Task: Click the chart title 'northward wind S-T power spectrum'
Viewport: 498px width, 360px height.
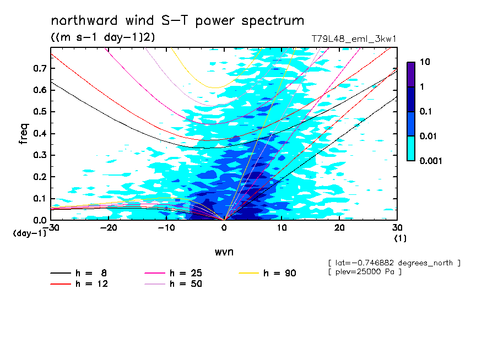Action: (177, 21)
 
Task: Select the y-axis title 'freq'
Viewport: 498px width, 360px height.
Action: (24, 133)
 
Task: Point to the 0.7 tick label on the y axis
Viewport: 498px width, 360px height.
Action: (39, 68)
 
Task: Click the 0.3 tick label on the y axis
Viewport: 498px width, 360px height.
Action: (39, 155)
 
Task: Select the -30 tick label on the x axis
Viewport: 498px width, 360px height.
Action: (51, 227)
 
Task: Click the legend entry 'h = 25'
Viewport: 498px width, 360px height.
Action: (186, 273)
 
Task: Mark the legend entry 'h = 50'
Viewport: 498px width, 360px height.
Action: (186, 284)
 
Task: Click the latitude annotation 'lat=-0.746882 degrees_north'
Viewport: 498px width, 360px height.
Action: (393, 263)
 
